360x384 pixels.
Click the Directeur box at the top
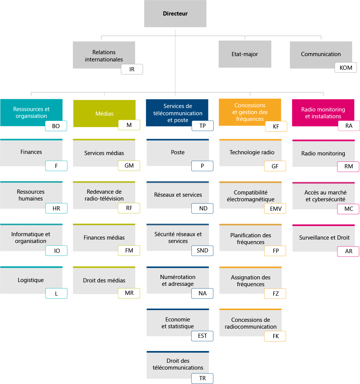(x=175, y=14)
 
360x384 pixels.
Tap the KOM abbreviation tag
(x=346, y=68)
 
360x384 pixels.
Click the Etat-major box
(x=244, y=54)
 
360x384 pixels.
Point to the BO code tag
(x=56, y=126)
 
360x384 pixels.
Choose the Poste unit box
(x=178, y=152)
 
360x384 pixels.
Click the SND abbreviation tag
(x=202, y=251)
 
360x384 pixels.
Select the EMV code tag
(x=275, y=208)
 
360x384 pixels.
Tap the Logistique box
(x=31, y=280)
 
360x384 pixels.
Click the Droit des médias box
(x=104, y=281)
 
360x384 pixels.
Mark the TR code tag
(x=202, y=378)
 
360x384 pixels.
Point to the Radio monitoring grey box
(x=323, y=154)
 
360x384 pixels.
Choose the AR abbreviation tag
(x=348, y=251)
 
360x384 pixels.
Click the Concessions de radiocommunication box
(x=250, y=323)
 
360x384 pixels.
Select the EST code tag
(x=202, y=336)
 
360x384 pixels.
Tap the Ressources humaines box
(x=31, y=195)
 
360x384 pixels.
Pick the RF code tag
(x=129, y=208)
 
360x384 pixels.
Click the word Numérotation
(x=178, y=277)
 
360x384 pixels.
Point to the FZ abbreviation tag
(x=275, y=293)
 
